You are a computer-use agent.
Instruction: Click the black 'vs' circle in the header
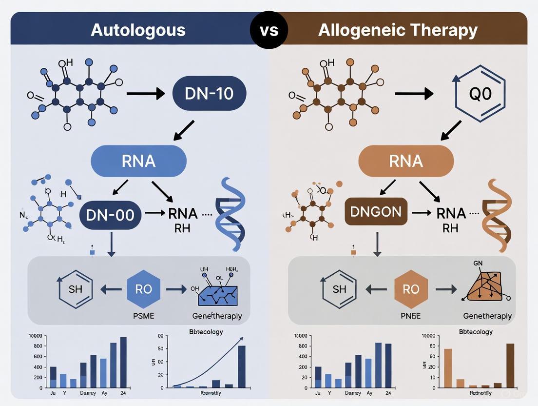coord(269,30)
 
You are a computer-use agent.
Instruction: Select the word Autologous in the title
coord(138,30)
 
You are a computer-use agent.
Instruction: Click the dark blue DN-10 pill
coord(210,93)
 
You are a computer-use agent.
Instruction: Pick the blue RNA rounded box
coord(138,161)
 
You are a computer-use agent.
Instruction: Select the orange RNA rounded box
coord(406,161)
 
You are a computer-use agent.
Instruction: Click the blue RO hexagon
coord(143,289)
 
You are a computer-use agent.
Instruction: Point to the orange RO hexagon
coord(411,289)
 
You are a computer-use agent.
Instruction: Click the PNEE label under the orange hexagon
coord(411,316)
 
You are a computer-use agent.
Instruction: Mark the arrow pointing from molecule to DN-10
coord(145,94)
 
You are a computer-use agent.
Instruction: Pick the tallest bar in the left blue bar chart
coord(123,362)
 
